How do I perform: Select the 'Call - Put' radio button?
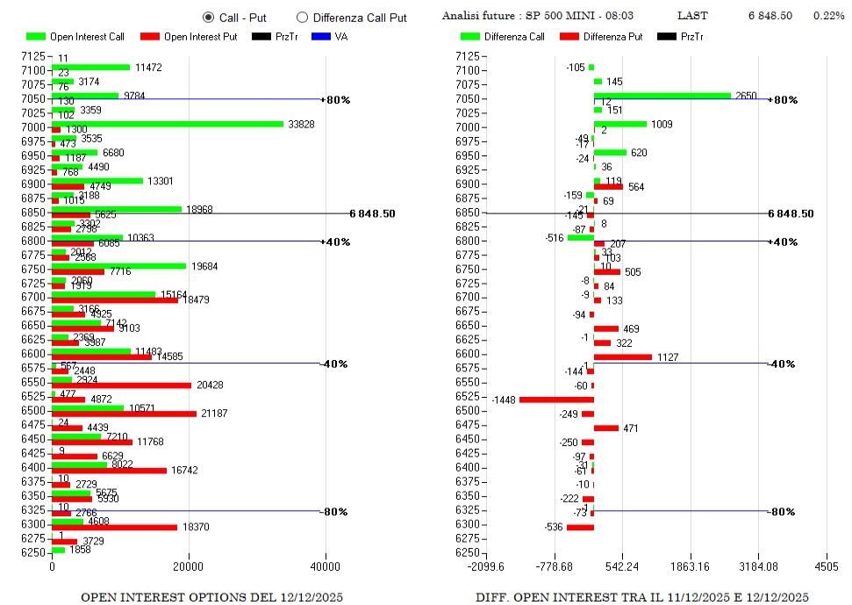(209, 17)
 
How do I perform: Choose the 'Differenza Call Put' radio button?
(303, 17)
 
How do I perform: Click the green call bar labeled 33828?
(168, 124)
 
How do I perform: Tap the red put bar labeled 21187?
(124, 414)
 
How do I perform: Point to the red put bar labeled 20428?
(121, 385)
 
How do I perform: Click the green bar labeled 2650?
(662, 96)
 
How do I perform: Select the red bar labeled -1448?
(556, 400)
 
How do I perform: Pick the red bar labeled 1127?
(622, 357)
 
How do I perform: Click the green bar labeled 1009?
(619, 124)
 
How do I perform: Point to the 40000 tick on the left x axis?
(326, 566)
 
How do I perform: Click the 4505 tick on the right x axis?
(826, 566)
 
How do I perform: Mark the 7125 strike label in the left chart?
(32, 56)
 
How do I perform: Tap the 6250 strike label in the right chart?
(468, 552)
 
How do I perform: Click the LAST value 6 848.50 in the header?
(770, 16)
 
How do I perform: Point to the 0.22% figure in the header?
(828, 16)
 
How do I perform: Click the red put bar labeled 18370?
(114, 528)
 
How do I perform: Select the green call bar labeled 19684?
(119, 266)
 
